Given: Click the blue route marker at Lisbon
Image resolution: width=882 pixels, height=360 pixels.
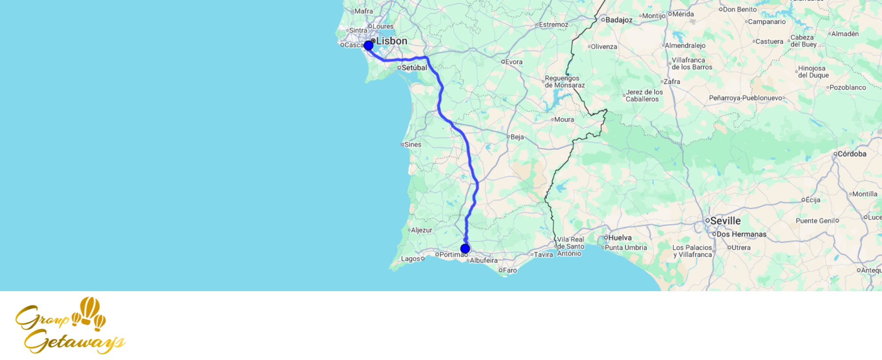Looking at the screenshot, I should [x=369, y=45].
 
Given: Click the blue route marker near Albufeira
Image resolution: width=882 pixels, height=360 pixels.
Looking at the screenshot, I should [x=465, y=249].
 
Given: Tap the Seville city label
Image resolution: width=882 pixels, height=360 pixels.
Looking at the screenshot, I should [x=725, y=221].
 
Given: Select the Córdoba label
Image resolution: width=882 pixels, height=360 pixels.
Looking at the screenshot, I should [x=852, y=154].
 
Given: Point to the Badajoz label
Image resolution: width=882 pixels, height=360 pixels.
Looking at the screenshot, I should [x=618, y=20].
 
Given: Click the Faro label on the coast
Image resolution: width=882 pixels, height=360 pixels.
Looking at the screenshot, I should [x=509, y=270].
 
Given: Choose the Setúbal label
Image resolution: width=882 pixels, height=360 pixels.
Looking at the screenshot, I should [x=414, y=67].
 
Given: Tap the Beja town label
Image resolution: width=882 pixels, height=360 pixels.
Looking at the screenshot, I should [x=517, y=137].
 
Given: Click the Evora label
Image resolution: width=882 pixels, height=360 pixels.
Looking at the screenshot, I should [x=513, y=62].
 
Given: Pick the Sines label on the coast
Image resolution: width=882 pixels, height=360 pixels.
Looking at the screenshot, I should [x=412, y=145].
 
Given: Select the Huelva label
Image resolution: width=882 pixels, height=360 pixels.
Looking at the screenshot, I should [x=620, y=238].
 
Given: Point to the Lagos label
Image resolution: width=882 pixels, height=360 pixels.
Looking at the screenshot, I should [x=410, y=259].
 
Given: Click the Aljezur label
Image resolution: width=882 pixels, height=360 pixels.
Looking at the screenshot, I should [x=421, y=230].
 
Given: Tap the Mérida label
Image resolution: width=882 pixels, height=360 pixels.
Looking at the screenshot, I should [x=683, y=14].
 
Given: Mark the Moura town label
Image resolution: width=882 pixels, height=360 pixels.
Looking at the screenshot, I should [x=564, y=120].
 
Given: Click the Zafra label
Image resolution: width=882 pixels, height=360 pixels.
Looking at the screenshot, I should [x=672, y=82].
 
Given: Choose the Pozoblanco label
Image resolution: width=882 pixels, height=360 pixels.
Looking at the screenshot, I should [x=847, y=87].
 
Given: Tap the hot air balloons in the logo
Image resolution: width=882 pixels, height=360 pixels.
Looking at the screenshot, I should [x=90, y=312].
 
